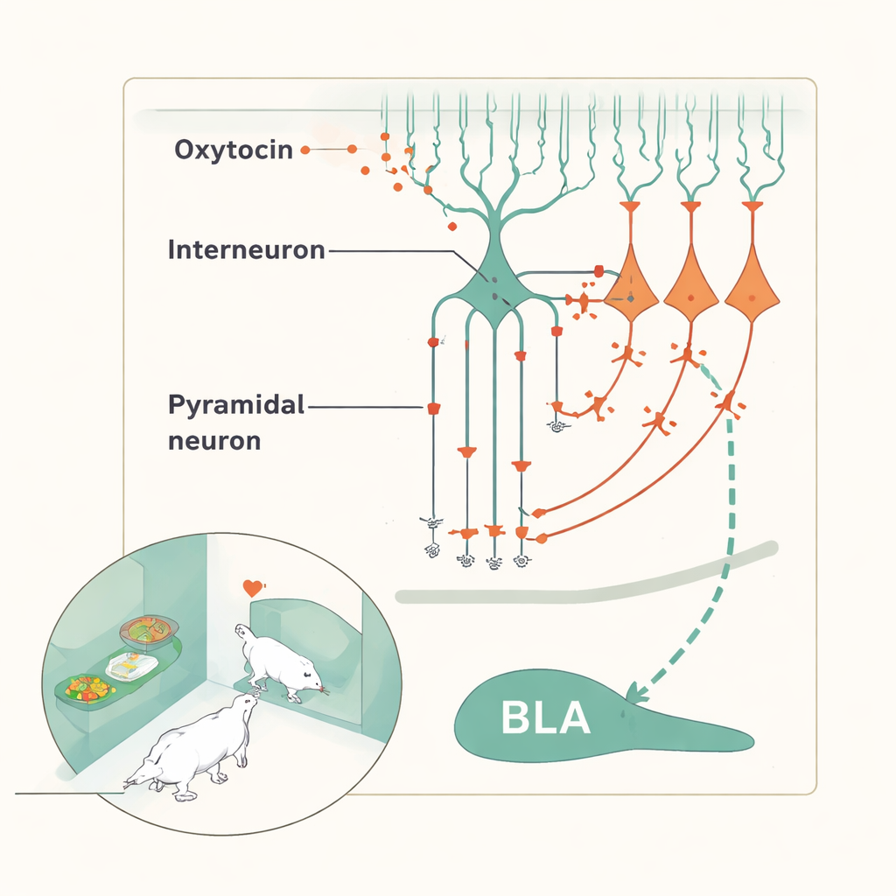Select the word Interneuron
[x=246, y=250]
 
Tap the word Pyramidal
[x=235, y=406]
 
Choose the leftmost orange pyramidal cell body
[x=631, y=289]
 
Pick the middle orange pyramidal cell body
[x=691, y=289]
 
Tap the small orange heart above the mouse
[x=253, y=588]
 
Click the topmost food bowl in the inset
[x=149, y=631]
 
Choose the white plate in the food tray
[x=131, y=667]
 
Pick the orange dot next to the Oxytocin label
[x=305, y=150]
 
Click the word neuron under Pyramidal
[x=213, y=439]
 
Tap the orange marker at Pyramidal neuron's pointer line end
[x=432, y=408]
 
